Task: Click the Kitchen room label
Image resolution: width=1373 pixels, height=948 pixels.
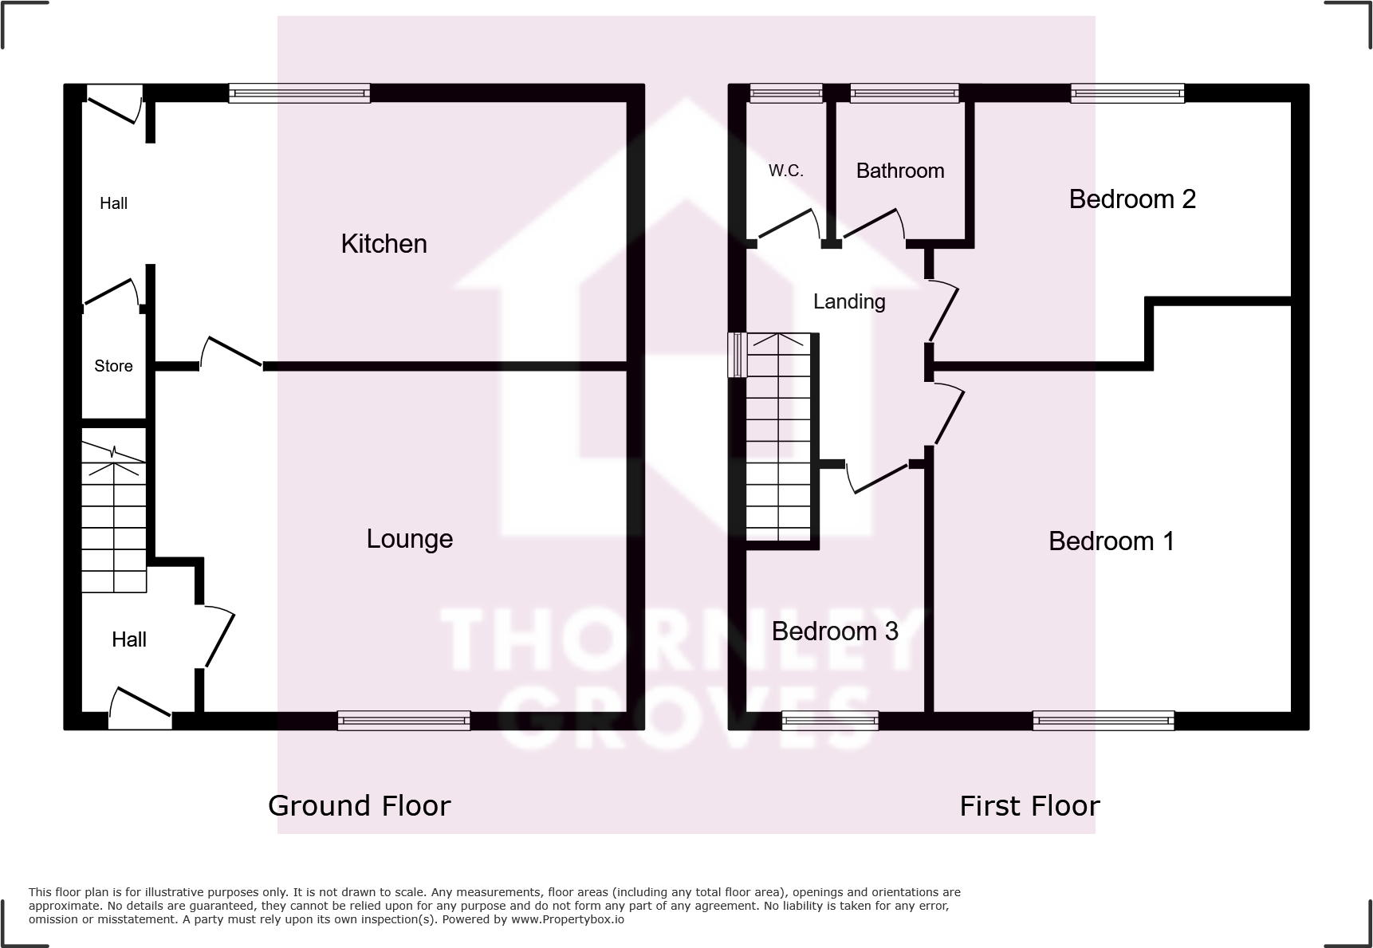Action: [x=384, y=244]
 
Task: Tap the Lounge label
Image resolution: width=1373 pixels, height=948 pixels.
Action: [x=409, y=539]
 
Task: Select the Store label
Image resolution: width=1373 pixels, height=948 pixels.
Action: [x=113, y=366]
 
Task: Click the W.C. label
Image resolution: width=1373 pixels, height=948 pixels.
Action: [x=785, y=171]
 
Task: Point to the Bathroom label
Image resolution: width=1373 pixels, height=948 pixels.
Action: [x=899, y=171]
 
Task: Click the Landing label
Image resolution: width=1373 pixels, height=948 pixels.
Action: [x=848, y=301]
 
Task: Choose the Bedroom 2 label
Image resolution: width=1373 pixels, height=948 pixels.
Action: [x=1131, y=199]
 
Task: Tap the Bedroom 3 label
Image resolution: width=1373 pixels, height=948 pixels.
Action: [x=834, y=631]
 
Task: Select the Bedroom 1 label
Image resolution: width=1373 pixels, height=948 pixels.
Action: [x=1111, y=541]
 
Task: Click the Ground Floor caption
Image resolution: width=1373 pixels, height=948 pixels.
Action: [x=359, y=806]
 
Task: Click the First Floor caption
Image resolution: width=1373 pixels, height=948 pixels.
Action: [x=1029, y=806]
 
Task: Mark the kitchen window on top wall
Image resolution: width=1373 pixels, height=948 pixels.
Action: [x=299, y=94]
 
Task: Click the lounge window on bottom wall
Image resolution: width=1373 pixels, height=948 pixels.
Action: [x=403, y=721]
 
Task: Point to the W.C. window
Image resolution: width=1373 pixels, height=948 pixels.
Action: [x=785, y=94]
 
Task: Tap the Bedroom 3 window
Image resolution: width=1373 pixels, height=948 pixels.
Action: [x=829, y=721]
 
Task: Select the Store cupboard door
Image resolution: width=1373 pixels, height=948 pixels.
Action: [x=110, y=292]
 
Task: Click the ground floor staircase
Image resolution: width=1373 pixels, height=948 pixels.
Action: [x=114, y=518]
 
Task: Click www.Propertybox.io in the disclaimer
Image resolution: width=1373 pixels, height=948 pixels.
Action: [x=567, y=919]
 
